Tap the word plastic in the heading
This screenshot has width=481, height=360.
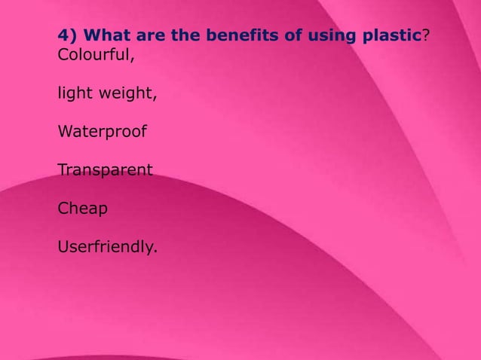(x=386, y=35)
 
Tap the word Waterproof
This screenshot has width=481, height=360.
(x=102, y=132)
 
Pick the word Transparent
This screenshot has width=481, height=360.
(x=105, y=170)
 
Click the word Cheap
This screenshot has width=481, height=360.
(x=82, y=209)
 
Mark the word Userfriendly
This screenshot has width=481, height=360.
(x=106, y=246)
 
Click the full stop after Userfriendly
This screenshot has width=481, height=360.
(x=155, y=252)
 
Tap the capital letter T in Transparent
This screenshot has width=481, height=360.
(x=63, y=170)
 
